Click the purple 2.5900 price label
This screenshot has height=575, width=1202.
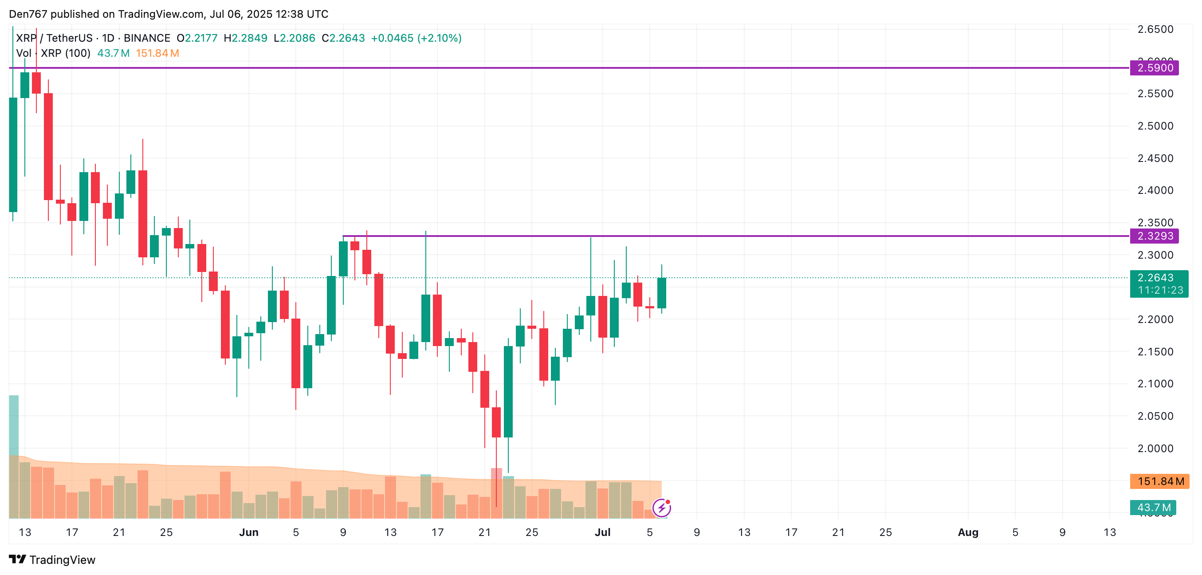coord(1154,68)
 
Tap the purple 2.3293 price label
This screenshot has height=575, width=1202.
coord(1154,236)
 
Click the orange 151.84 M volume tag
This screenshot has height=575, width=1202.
coord(1159,481)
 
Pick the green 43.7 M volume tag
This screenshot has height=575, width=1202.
coord(1152,507)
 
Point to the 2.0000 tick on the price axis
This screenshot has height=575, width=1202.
coord(1155,448)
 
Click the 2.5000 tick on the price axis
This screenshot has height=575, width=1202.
coord(1155,126)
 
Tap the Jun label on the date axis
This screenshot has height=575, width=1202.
coord(248,532)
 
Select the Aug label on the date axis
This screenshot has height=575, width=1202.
coord(968,532)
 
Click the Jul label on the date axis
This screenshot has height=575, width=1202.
coord(602,532)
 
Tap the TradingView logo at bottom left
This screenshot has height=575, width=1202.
coord(52,559)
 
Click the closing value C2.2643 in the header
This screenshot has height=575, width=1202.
coord(343,38)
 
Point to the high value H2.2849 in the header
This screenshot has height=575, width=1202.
coord(245,38)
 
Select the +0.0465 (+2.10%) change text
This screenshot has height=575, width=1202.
coord(416,38)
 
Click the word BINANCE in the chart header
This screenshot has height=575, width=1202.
coord(146,38)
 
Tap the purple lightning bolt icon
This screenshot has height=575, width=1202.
coord(661,508)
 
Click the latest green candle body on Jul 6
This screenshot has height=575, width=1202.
coord(661,293)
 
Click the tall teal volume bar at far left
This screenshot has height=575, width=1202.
coord(14,425)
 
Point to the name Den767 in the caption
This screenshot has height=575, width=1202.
coord(28,14)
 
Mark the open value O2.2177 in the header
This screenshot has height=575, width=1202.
coord(197,38)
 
